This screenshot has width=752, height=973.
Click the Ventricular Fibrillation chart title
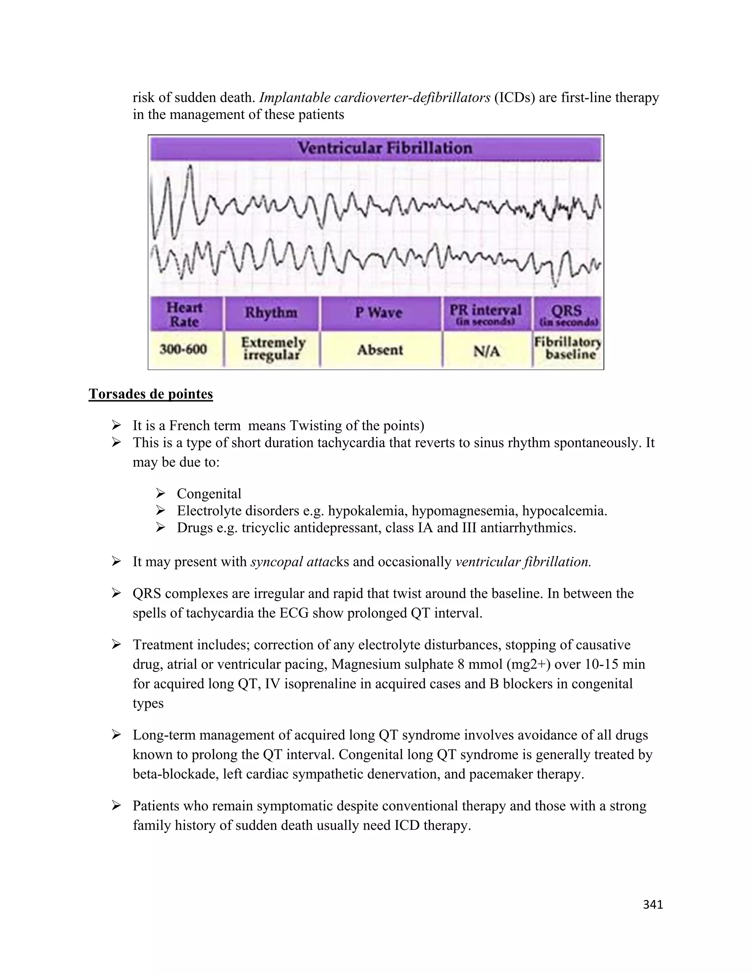[x=384, y=148]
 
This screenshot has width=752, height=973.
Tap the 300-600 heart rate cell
[x=183, y=349]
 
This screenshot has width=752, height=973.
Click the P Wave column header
[x=379, y=313]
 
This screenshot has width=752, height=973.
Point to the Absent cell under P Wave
[x=380, y=350]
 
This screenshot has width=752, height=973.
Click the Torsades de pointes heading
[x=151, y=394]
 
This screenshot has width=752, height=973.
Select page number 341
[x=652, y=904]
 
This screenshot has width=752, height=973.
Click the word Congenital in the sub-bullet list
[x=209, y=493]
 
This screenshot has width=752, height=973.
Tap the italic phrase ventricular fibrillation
[x=523, y=562]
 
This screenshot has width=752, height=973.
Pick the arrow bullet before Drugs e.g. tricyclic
[x=160, y=528]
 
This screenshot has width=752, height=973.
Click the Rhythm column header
[x=271, y=313]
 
